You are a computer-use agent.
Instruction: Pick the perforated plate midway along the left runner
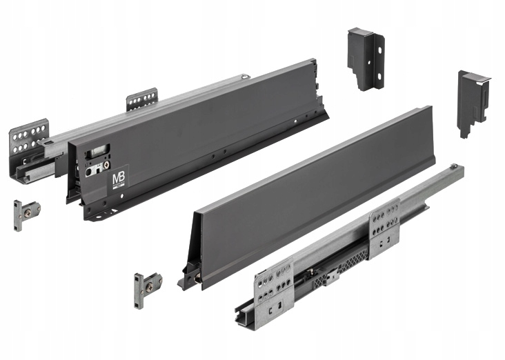[141, 99]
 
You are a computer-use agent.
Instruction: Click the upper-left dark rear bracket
[365, 59]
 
